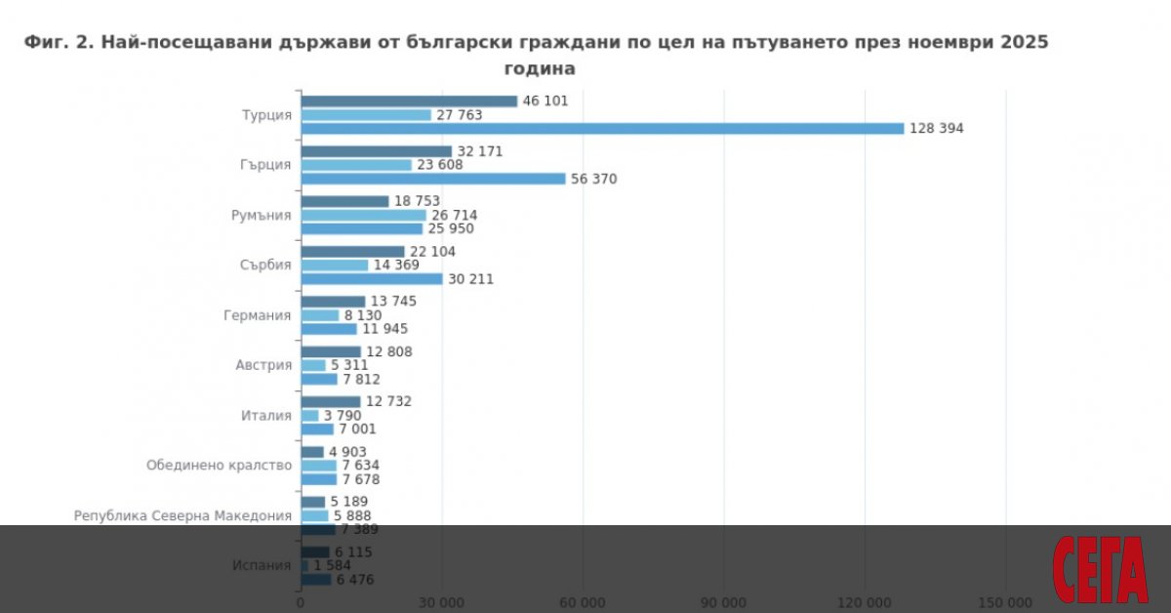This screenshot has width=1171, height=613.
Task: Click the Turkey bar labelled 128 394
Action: [x=602, y=128]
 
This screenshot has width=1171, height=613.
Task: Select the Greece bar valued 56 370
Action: [x=433, y=179]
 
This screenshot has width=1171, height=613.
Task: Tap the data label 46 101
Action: [x=545, y=101]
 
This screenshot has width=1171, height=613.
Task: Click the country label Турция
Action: [x=266, y=115]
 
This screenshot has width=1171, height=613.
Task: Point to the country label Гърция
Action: [x=265, y=165]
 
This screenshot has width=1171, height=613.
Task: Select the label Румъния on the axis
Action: [x=262, y=215]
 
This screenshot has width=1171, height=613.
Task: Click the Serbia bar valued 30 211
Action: [x=372, y=279]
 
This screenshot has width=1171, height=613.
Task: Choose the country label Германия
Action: [x=257, y=315]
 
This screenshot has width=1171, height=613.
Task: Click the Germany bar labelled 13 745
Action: [x=333, y=302]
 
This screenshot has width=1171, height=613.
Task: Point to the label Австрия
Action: [x=263, y=365]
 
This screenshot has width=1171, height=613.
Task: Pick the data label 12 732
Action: [x=388, y=401]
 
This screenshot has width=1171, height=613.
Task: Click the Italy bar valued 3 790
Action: [x=309, y=416]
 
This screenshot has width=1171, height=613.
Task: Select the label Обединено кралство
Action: [x=219, y=466]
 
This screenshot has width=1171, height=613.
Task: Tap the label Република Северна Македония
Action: [x=182, y=515]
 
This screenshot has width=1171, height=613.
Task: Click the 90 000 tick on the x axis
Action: [x=723, y=601]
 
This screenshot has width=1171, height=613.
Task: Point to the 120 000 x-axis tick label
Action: [x=865, y=601]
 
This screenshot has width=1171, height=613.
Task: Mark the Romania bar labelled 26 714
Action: [x=363, y=215]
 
